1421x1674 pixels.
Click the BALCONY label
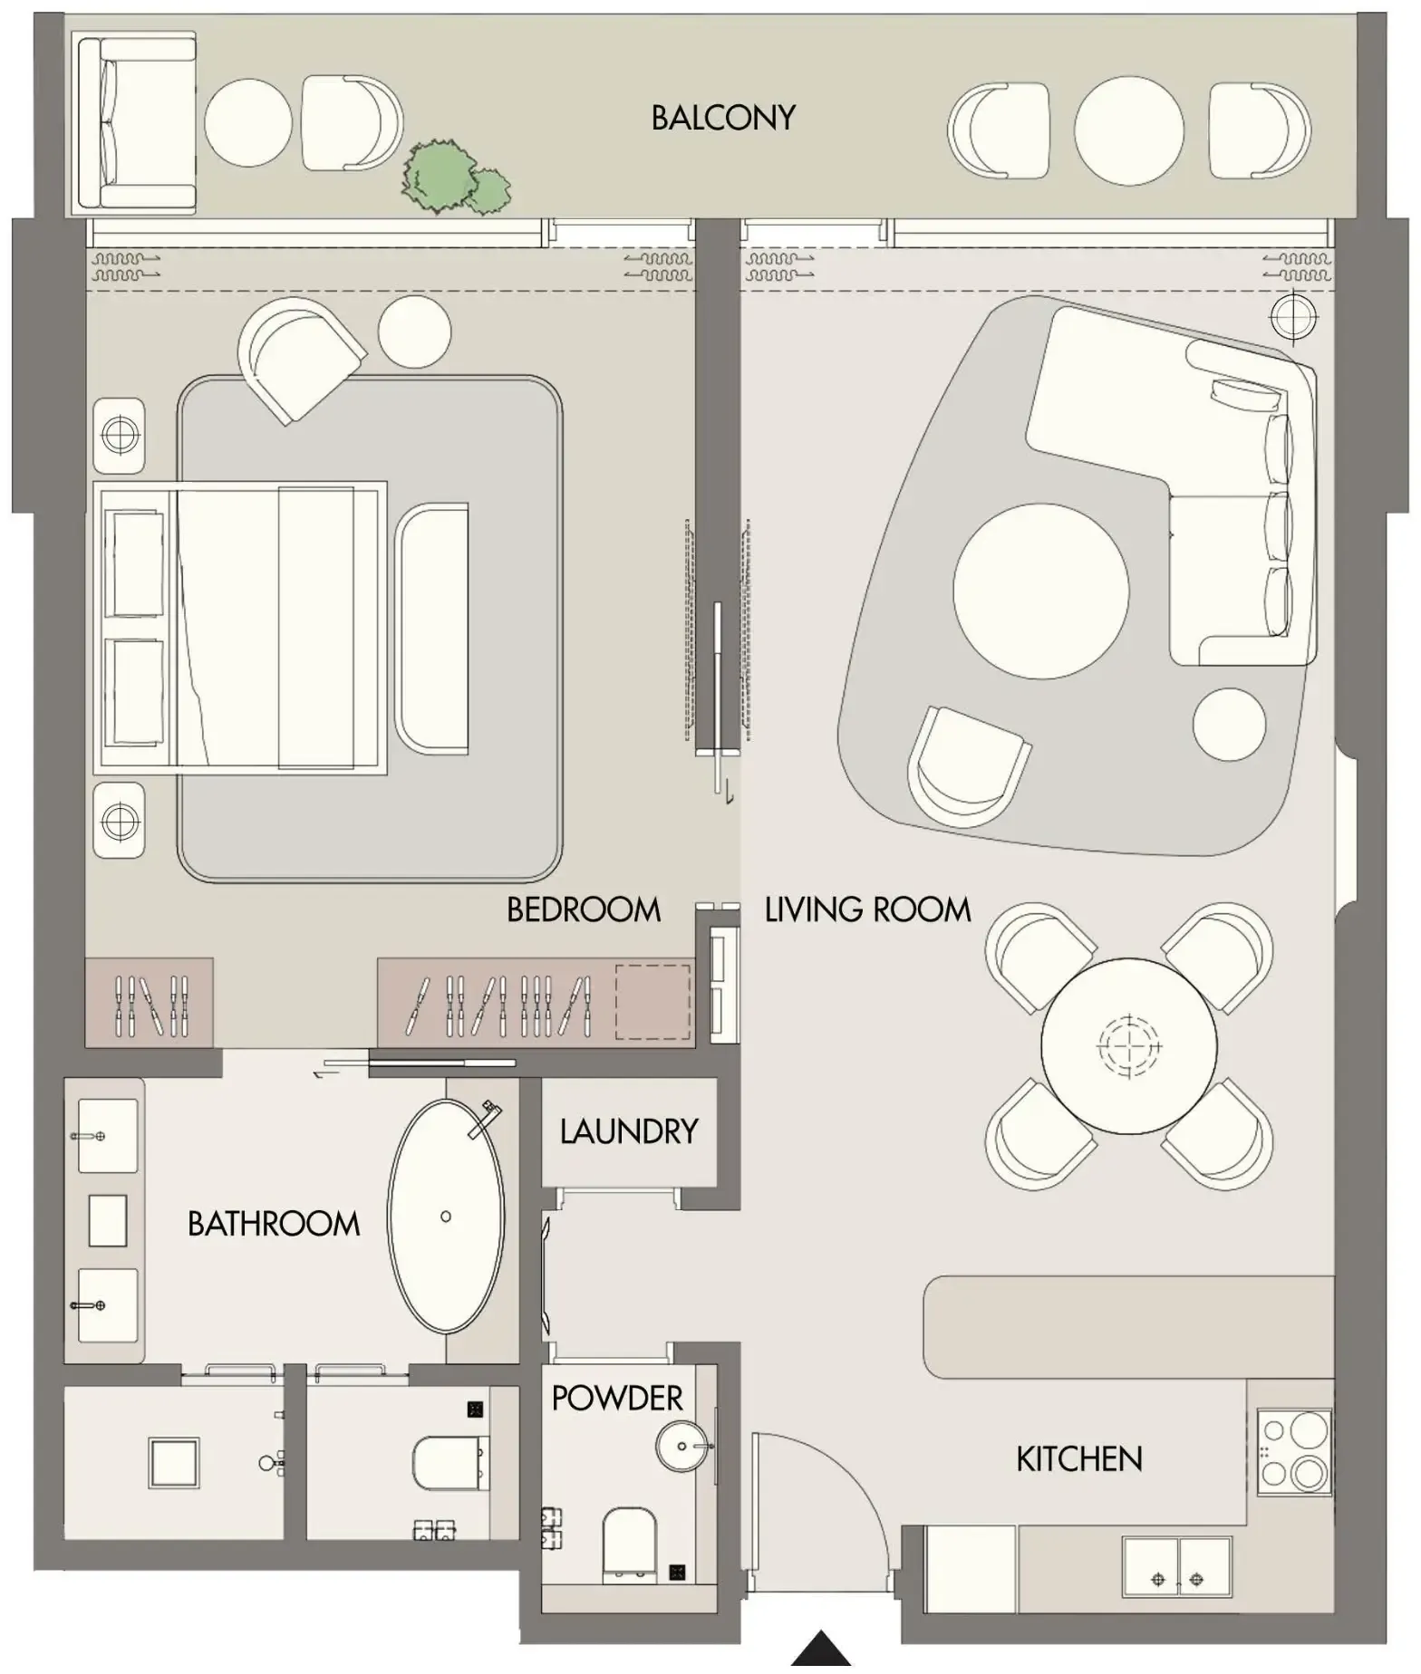click(722, 118)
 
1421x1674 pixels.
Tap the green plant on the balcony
click(452, 178)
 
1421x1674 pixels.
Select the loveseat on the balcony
click(136, 123)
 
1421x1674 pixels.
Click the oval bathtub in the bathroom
click(445, 1216)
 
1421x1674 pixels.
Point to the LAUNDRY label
click(628, 1131)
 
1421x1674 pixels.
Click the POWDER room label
click(616, 1398)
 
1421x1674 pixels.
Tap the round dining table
click(1128, 1046)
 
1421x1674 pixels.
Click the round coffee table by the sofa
click(1040, 590)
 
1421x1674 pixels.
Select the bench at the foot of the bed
click(432, 630)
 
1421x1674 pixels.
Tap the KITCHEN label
click(1078, 1459)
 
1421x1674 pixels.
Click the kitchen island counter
click(1128, 1327)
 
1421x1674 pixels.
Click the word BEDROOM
click(584, 909)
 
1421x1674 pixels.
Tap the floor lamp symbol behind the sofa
click(1293, 316)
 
